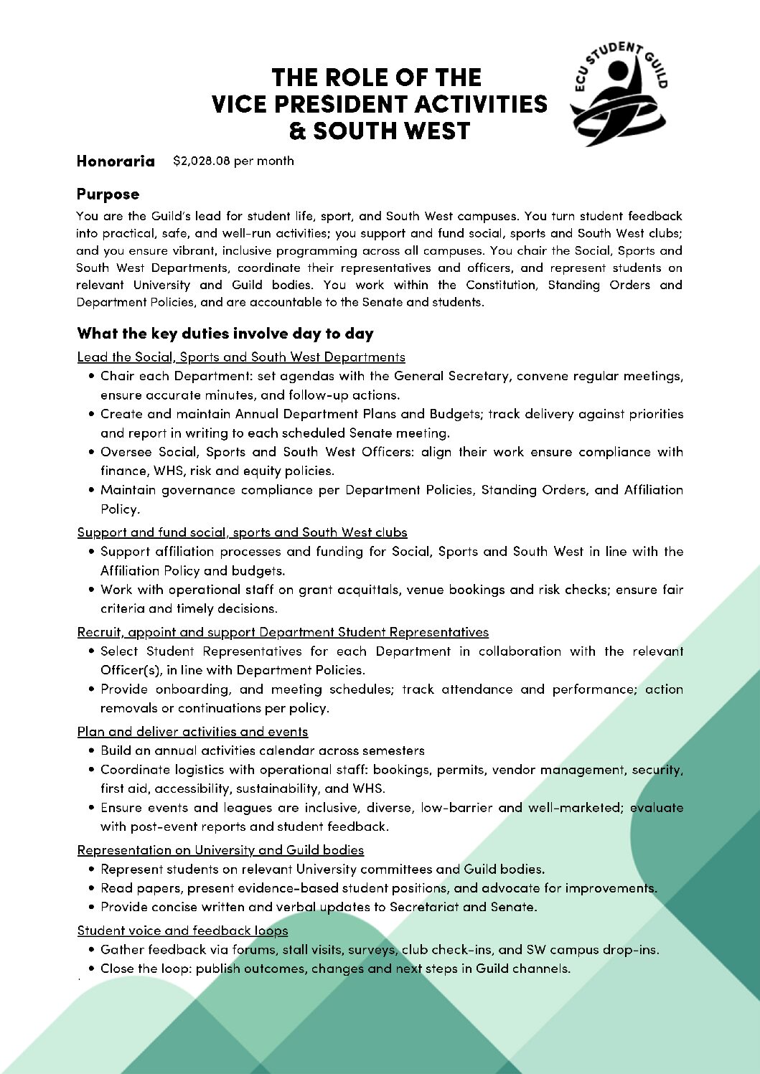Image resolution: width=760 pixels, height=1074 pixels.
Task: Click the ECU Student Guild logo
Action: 619,93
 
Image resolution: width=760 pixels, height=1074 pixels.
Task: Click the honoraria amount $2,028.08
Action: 202,161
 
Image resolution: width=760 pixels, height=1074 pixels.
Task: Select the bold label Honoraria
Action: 116,161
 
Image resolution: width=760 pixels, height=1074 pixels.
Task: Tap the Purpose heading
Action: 108,194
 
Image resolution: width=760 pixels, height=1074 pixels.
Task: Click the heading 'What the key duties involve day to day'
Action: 225,334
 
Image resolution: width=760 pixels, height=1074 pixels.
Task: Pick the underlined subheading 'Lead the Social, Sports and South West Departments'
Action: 241,357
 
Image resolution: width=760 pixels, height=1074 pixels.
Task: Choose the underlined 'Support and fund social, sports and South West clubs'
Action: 242,532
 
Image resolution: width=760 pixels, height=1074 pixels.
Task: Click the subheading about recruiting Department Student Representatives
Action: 283,632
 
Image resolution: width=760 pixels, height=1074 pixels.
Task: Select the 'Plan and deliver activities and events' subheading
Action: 192,732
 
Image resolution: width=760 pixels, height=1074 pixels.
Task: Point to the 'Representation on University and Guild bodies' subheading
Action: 220,850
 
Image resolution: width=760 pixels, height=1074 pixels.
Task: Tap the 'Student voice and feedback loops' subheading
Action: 182,931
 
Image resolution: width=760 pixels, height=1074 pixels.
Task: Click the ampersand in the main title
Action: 297,132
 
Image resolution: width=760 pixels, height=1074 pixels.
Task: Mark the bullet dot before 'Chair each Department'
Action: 93,376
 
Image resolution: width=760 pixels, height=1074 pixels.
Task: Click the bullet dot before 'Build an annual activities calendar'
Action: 93,750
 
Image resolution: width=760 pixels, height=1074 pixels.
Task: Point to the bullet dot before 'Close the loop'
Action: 93,969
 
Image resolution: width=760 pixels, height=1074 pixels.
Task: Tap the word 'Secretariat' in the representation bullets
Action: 423,907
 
